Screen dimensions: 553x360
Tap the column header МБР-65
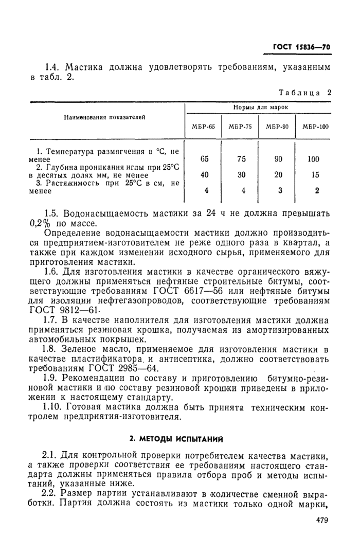pyautogui.click(x=204, y=127)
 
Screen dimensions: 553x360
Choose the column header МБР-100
pyautogui.click(x=314, y=127)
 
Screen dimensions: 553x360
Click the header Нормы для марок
pyautogui.click(x=259, y=108)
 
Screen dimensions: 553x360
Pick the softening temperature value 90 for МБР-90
pyautogui.click(x=278, y=159)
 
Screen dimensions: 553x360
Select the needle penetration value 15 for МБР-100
pyautogui.click(x=314, y=175)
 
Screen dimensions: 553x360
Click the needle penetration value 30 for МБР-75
pyautogui.click(x=241, y=175)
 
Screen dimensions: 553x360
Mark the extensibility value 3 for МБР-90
pyautogui.click(x=278, y=190)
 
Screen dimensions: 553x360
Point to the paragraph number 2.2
pyautogui.click(x=52, y=493)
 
